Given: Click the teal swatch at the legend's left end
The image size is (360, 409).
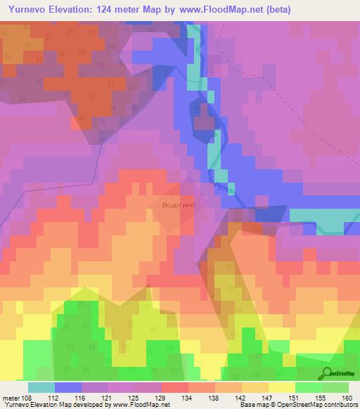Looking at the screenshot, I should (41, 387).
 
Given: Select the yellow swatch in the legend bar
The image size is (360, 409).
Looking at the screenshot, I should (281, 387).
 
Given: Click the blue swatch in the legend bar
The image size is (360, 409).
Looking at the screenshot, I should (67, 387).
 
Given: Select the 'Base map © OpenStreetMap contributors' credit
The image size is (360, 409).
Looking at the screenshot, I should (297, 405).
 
